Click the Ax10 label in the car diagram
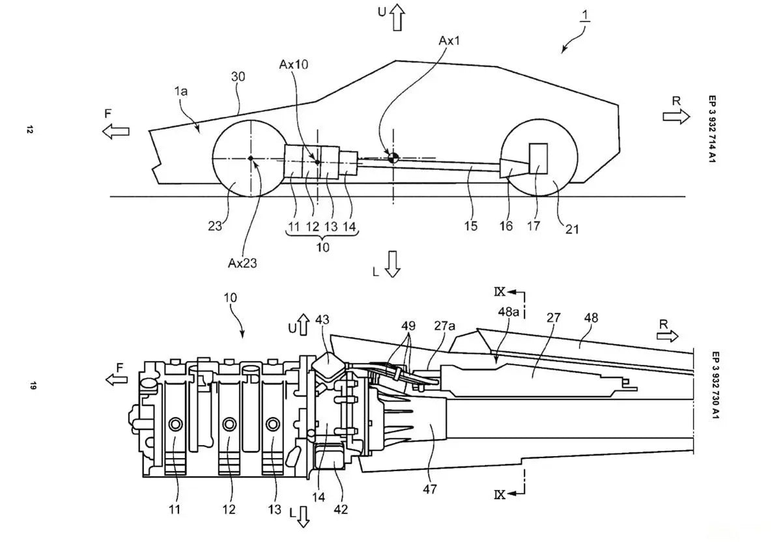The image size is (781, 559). (293, 64)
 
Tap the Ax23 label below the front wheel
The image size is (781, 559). (242, 263)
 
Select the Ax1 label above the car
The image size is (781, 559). (449, 41)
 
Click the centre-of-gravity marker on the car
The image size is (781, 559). (393, 158)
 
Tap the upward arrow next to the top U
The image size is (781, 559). (397, 18)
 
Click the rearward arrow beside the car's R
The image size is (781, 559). (676, 117)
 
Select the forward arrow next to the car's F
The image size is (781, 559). (115, 132)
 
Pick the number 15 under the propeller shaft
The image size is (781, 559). (471, 226)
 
